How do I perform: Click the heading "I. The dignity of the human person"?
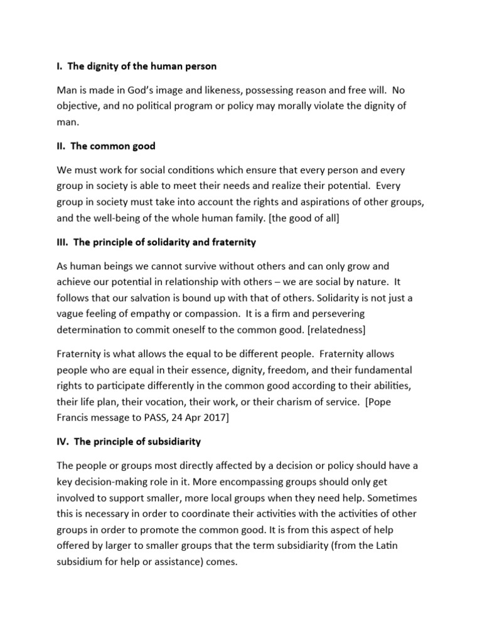pyautogui.click(x=137, y=66)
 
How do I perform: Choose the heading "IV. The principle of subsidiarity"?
pyautogui.click(x=129, y=441)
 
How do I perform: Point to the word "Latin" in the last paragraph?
pyautogui.click(x=382, y=546)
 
